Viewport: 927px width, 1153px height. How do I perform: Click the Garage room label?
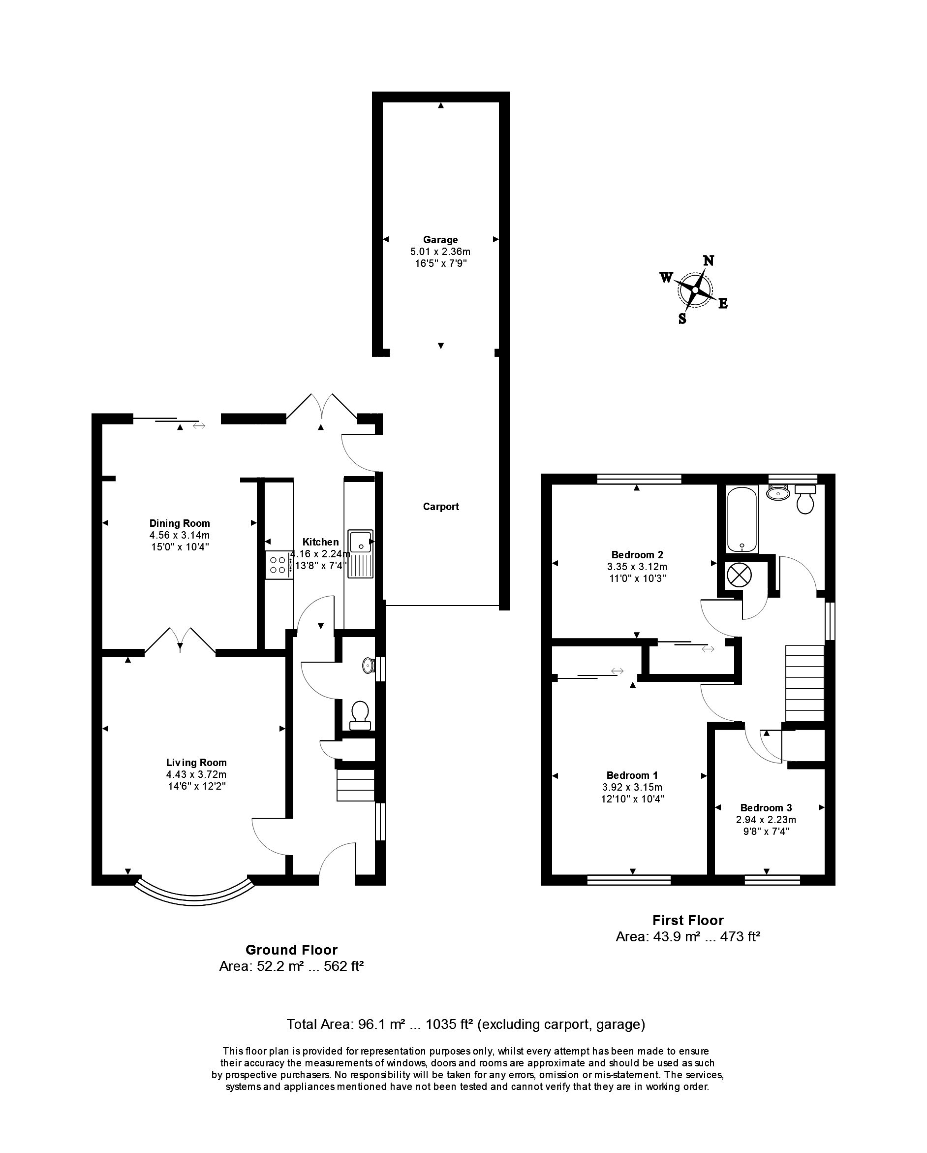pos(440,240)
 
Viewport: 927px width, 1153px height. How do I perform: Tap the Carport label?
pos(440,507)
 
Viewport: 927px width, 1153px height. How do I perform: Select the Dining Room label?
pos(179,523)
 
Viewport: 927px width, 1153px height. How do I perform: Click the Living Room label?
pos(196,763)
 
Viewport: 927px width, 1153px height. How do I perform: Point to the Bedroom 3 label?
pos(766,807)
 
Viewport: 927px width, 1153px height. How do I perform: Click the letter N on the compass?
pos(709,260)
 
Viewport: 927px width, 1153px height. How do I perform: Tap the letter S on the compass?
pos(682,319)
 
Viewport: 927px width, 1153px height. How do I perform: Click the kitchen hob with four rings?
pos(278,565)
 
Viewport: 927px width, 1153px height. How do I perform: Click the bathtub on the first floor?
pos(742,519)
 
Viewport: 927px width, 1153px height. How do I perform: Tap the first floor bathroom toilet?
pos(805,498)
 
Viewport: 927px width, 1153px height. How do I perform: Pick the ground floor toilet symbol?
pos(360,715)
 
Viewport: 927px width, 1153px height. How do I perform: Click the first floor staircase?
pos(804,683)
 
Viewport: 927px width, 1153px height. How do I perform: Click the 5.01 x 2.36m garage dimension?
pos(440,252)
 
